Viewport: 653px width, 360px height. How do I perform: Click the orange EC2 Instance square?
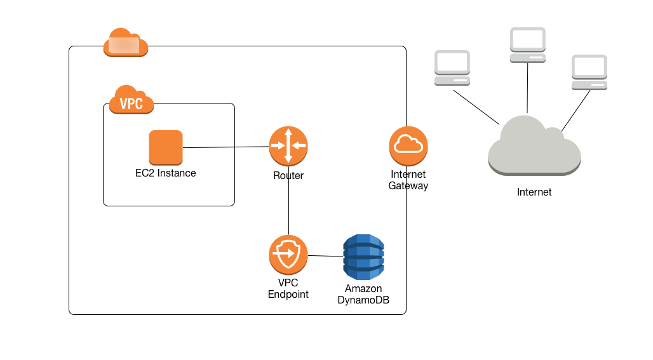coord(166,147)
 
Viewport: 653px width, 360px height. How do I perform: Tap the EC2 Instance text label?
coord(166,173)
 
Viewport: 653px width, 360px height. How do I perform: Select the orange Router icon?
coord(288,146)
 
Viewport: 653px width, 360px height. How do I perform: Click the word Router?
coord(288,176)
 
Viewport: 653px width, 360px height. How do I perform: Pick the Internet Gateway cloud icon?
coord(408,145)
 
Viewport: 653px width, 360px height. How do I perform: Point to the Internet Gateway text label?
coord(408,180)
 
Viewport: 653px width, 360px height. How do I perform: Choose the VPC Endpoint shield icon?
coord(288,255)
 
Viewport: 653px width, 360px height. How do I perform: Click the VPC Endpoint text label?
coord(288,288)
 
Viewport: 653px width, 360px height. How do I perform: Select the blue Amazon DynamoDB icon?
coord(363,257)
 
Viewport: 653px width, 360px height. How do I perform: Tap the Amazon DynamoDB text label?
coord(363,295)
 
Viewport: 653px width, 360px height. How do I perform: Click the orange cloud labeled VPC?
coord(131,100)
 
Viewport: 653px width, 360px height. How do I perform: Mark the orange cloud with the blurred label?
coord(125,43)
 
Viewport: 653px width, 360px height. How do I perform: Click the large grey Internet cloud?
coord(534,147)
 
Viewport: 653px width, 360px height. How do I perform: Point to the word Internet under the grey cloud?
coord(534,192)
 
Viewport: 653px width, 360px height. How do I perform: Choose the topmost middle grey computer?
coord(528,44)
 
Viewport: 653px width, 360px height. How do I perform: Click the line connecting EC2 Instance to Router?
coord(226,147)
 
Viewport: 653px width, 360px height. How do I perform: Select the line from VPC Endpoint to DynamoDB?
coord(325,256)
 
